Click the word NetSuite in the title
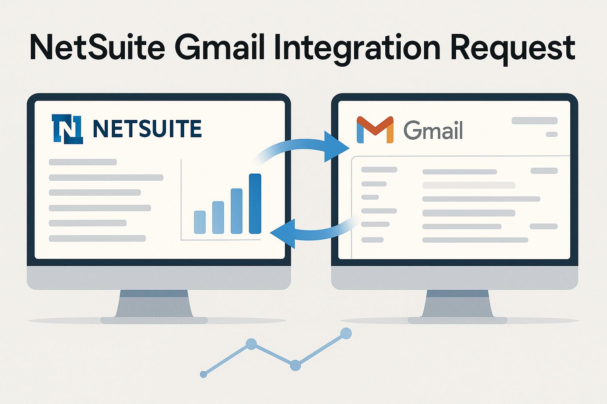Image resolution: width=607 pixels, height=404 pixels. (x=97, y=48)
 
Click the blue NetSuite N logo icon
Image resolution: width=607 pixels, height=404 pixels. (x=67, y=129)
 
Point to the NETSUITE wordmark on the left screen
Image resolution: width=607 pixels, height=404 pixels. (x=147, y=129)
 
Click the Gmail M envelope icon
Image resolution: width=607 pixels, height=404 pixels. (x=375, y=129)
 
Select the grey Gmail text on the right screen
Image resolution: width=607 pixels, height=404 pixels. (x=433, y=130)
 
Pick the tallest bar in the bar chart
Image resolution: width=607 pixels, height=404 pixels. (x=255, y=204)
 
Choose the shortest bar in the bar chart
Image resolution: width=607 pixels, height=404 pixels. (x=200, y=222)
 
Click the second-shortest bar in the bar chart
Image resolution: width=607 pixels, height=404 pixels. (x=218, y=217)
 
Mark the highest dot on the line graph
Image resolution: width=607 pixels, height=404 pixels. (x=346, y=334)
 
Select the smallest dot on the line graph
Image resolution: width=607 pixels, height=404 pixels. (x=204, y=374)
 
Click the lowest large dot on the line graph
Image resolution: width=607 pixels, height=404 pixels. (x=295, y=365)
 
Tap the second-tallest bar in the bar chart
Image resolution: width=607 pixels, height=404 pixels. (x=236, y=211)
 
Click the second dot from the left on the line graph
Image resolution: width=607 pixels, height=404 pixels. (x=251, y=344)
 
